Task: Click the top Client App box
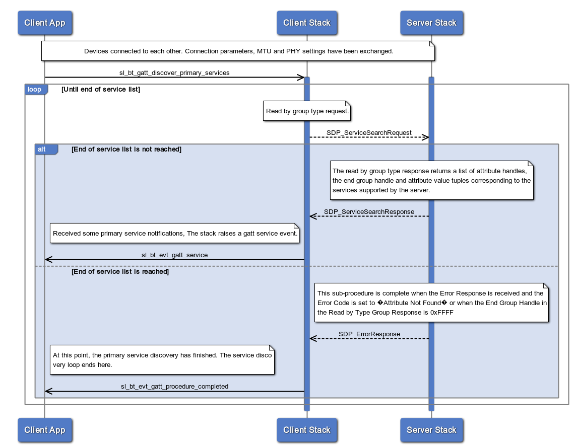click(x=44, y=23)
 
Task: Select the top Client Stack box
click(x=306, y=23)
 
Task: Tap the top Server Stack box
click(x=431, y=23)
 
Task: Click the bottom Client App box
click(x=44, y=430)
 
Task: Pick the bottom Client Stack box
click(x=306, y=430)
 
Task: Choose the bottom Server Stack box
click(x=431, y=430)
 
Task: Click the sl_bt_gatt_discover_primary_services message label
click(x=174, y=72)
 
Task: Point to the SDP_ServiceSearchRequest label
click(x=369, y=132)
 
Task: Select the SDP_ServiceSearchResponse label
click(x=369, y=211)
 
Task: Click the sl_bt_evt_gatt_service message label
click(x=174, y=255)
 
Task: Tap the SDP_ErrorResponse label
click(x=369, y=334)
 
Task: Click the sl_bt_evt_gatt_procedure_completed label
click(x=174, y=387)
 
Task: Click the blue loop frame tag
click(x=35, y=90)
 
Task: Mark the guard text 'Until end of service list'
click(x=101, y=90)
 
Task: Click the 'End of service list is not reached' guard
click(x=126, y=149)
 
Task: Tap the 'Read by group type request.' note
click(x=307, y=111)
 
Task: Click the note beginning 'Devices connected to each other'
click(x=238, y=51)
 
